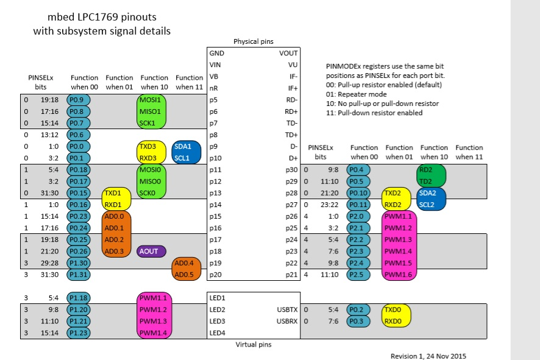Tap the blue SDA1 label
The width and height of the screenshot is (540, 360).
183,147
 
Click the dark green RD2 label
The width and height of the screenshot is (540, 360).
427,170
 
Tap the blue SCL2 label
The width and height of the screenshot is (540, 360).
427,205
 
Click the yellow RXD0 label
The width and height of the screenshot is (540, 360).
392,321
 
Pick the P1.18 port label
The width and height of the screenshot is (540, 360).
77,298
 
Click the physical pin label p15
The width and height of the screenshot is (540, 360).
214,216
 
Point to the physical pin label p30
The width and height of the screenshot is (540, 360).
291,170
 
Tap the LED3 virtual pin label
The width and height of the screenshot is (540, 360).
217,321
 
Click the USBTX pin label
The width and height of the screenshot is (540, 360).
286,309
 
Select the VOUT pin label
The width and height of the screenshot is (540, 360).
288,53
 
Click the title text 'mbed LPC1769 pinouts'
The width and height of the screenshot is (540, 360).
102,18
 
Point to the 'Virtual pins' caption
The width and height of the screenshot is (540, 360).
254,344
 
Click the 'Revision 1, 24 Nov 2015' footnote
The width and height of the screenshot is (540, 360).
428,355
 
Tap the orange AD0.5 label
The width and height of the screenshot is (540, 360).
183,275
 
